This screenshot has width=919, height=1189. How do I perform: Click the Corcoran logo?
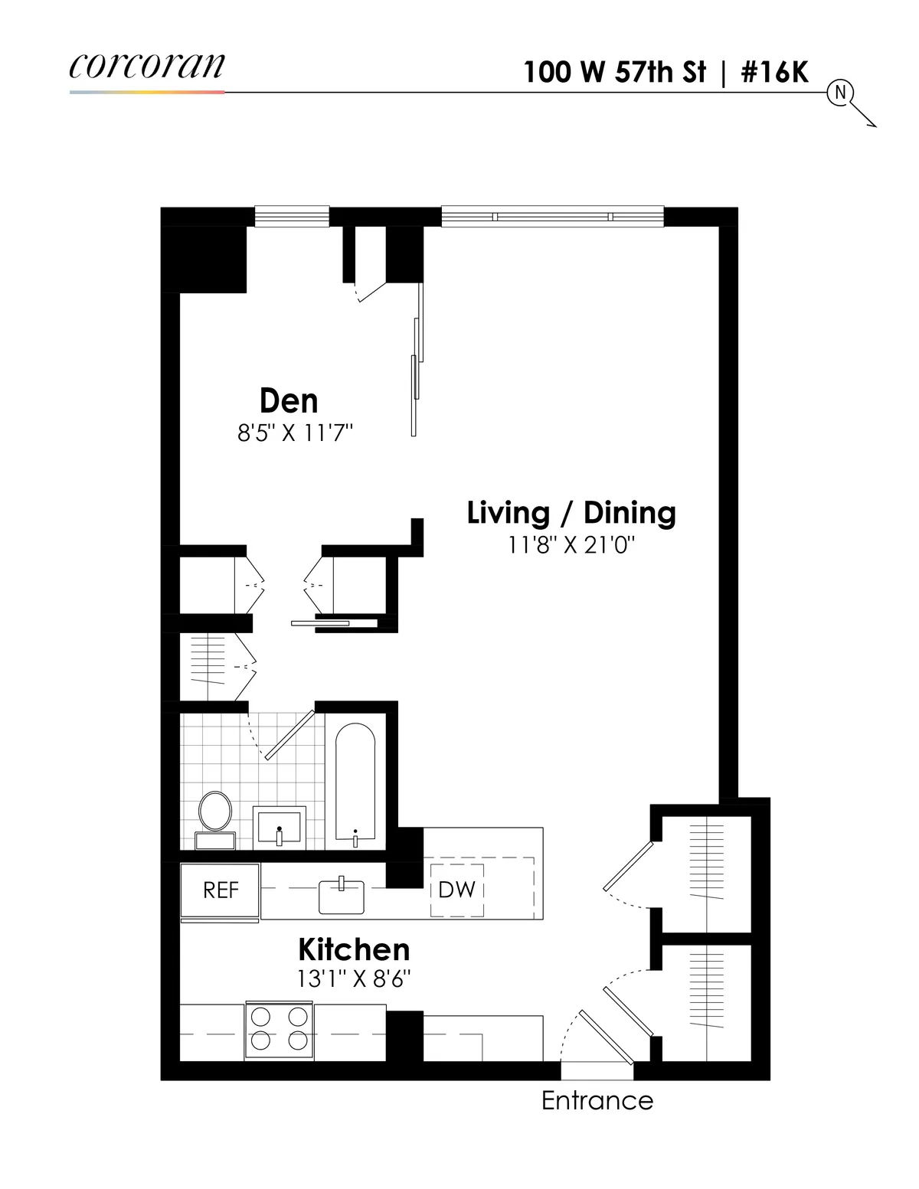147,66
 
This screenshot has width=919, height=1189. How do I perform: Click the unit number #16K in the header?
774,72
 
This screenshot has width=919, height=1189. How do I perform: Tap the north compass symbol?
840,93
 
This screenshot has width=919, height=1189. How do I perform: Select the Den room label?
288,400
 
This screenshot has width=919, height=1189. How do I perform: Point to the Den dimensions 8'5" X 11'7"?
295,433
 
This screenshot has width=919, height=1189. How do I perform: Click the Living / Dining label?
571,513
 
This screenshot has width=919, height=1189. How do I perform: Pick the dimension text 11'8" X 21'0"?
572,545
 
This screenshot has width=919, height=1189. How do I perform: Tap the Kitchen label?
354,949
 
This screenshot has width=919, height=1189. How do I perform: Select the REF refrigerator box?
221,890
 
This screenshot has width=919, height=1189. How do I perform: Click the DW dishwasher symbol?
457,890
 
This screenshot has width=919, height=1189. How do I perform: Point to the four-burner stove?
279,1029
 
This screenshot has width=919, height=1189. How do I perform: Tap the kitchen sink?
342,896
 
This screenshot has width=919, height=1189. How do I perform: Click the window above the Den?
292,217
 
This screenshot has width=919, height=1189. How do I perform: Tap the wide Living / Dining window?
552,217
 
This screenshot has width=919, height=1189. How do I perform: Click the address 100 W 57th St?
614,72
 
